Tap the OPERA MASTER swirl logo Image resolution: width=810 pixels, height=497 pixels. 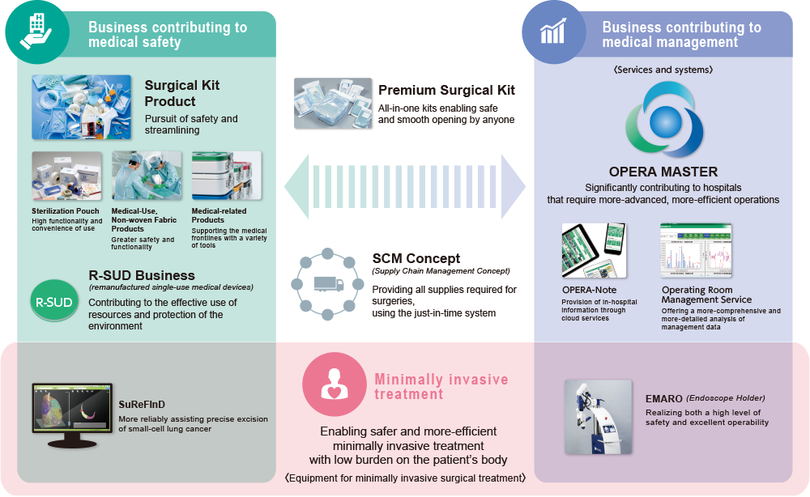tap(663, 121)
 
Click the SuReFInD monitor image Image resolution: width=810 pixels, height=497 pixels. tap(70, 414)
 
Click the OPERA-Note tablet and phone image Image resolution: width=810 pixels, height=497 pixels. tap(597, 250)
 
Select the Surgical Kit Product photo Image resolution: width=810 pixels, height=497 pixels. tap(81, 105)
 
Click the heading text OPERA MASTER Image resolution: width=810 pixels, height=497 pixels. tap(663, 172)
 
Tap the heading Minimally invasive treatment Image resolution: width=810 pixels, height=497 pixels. tap(441, 386)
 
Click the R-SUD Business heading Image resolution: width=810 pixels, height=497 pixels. tap(142, 275)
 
